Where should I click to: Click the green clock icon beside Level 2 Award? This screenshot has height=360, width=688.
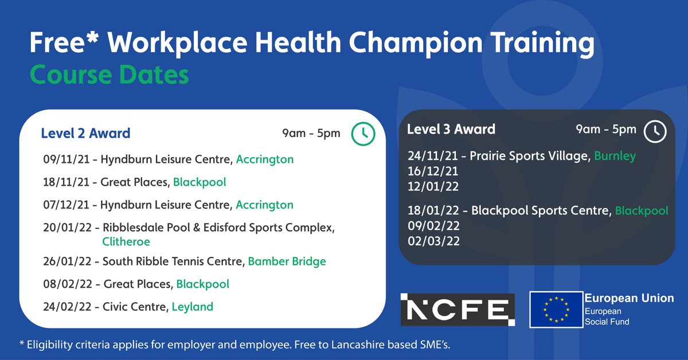click(x=363, y=133)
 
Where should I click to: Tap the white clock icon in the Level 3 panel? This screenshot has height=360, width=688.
click(x=655, y=130)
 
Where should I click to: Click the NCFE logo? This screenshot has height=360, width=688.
click(x=458, y=310)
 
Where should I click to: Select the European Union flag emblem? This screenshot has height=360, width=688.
click(x=555, y=310)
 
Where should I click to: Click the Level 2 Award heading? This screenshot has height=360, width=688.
click(x=85, y=134)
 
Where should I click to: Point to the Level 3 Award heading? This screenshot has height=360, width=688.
click(x=451, y=130)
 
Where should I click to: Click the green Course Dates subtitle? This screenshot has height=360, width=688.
click(x=109, y=75)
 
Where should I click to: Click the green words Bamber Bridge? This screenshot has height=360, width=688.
click(x=287, y=261)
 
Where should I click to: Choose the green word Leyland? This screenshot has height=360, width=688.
click(x=193, y=307)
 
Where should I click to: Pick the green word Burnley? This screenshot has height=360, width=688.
click(x=615, y=156)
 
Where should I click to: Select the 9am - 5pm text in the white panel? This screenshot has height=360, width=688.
click(x=311, y=134)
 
